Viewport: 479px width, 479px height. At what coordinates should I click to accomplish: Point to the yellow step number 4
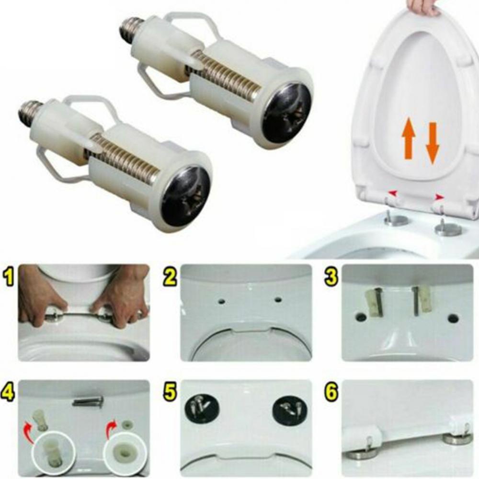(x=8, y=393)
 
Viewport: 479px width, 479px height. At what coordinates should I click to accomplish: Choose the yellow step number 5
(x=170, y=393)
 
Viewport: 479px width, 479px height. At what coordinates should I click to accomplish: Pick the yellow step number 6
(x=331, y=393)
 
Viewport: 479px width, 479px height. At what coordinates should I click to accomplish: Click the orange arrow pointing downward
(x=432, y=143)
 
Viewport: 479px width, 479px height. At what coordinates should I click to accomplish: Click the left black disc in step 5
(x=202, y=407)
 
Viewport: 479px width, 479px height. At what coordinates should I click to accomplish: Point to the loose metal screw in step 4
(x=88, y=402)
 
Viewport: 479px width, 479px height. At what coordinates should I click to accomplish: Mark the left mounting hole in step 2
(x=222, y=301)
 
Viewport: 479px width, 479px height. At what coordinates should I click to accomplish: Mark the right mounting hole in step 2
(x=277, y=299)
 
